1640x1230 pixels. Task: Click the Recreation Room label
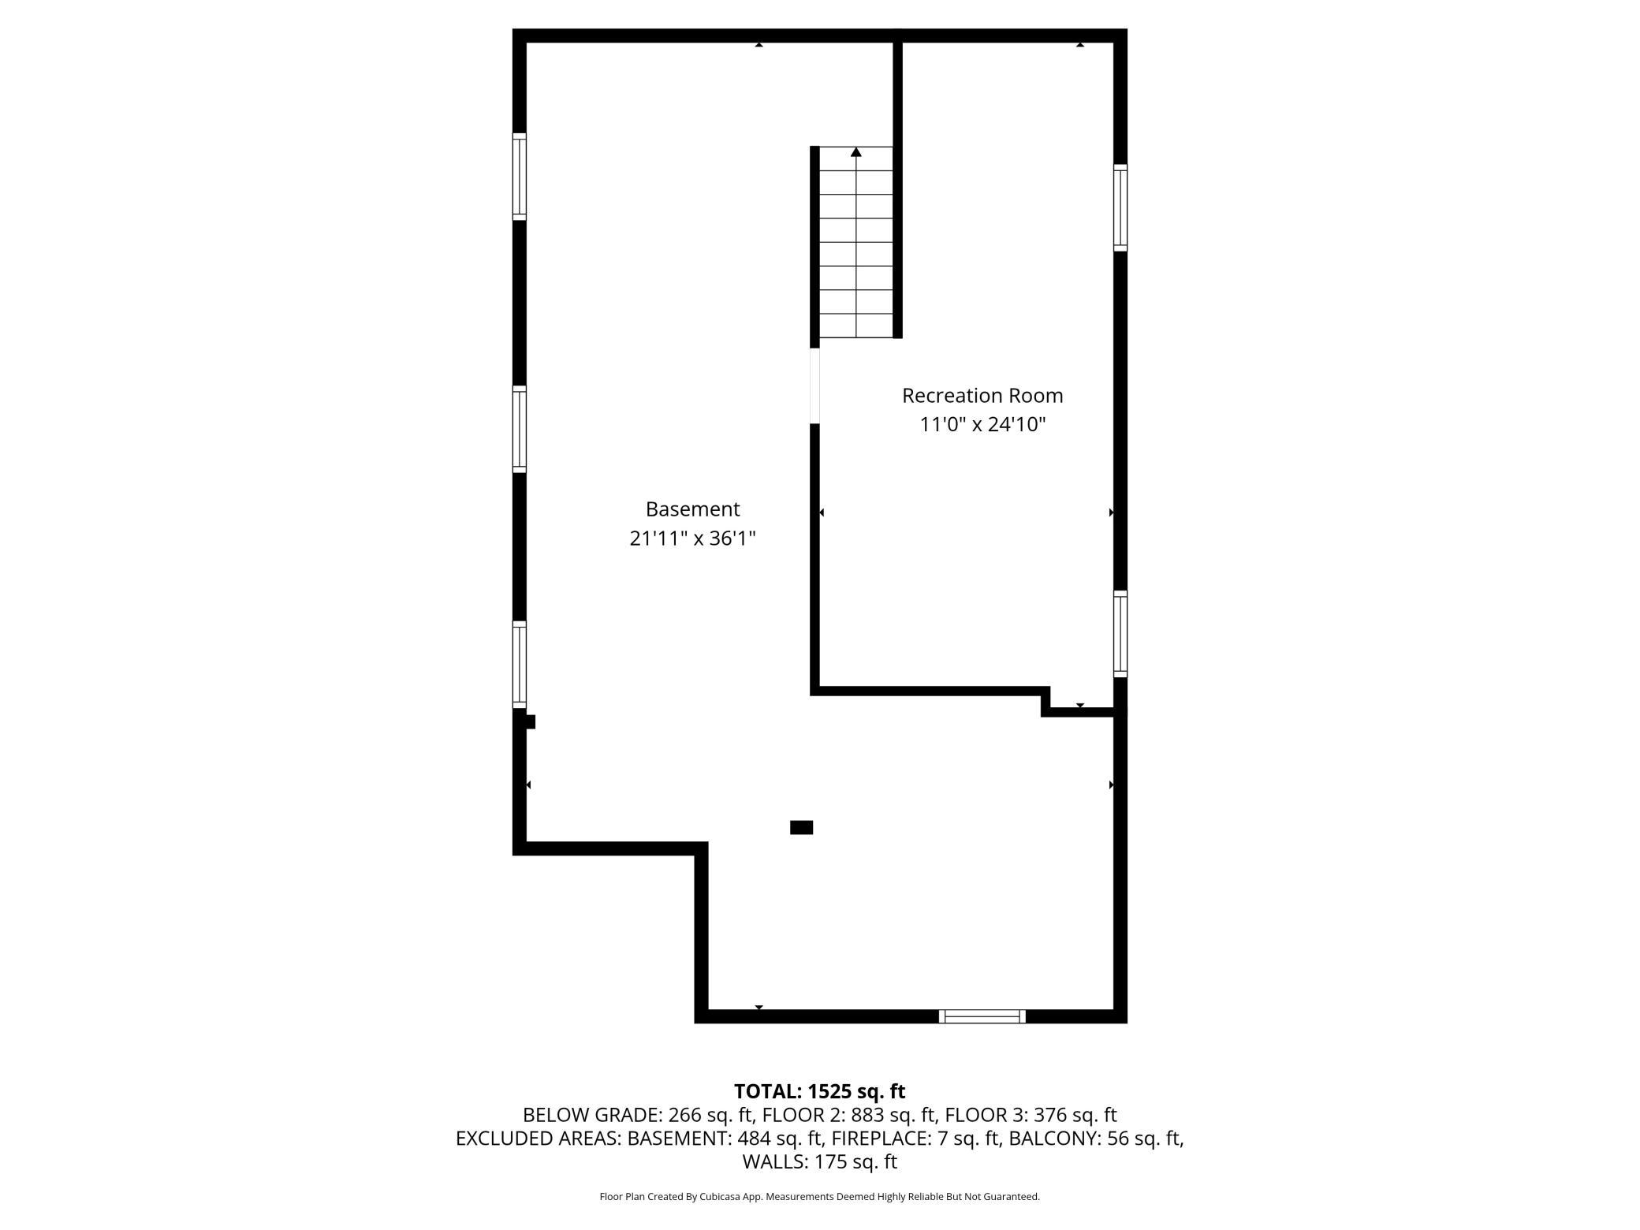(982, 395)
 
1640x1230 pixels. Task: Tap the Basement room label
(692, 509)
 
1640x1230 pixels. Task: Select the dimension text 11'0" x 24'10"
(982, 425)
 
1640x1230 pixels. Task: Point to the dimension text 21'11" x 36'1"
(692, 539)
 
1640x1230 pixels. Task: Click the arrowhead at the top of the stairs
(856, 152)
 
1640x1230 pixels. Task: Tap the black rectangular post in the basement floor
(801, 827)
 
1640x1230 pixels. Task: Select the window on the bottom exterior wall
(982, 1016)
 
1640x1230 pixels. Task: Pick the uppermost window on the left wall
(519, 177)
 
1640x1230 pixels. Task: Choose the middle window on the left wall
(519, 429)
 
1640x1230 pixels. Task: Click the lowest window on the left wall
(519, 664)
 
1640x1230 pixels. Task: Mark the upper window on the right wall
(1120, 207)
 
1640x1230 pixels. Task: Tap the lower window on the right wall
(1120, 633)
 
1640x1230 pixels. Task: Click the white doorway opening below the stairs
(814, 386)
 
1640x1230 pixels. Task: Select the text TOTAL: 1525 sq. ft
(819, 1091)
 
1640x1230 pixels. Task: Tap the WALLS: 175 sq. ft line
(819, 1161)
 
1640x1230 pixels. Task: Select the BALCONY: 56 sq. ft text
(1095, 1139)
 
